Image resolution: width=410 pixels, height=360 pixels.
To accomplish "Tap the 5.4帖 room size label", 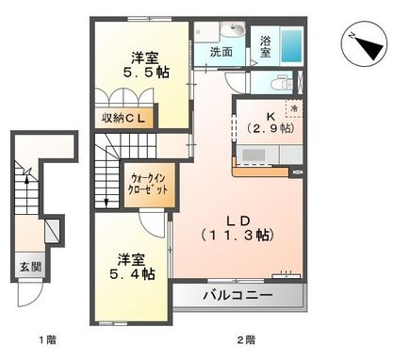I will pyautogui.click(x=134, y=266).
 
